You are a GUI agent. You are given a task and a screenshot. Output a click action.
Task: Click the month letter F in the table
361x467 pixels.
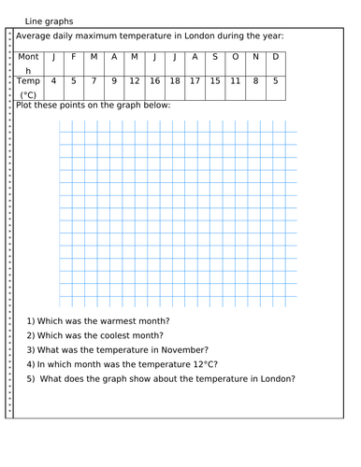point(74,57)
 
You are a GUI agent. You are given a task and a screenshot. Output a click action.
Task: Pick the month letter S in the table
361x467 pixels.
point(215,57)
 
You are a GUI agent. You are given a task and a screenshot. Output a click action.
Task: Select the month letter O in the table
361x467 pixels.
point(236,57)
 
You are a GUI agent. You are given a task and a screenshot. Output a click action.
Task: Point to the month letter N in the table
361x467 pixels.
point(255,57)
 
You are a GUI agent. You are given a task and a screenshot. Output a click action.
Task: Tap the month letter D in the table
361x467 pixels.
point(275,57)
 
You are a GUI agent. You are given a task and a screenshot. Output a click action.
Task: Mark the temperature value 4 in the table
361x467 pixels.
point(53,81)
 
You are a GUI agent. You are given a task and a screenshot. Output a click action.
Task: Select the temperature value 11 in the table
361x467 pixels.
point(236,81)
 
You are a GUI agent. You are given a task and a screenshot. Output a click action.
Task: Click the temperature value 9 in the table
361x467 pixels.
point(114,81)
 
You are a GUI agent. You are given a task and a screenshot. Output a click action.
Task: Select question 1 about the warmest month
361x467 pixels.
point(98,320)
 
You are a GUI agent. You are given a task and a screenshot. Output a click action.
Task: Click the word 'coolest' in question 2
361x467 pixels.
point(104,334)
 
